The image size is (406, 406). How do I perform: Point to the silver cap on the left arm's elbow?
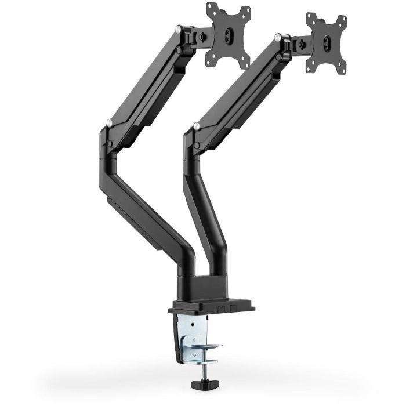[x=109, y=122]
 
